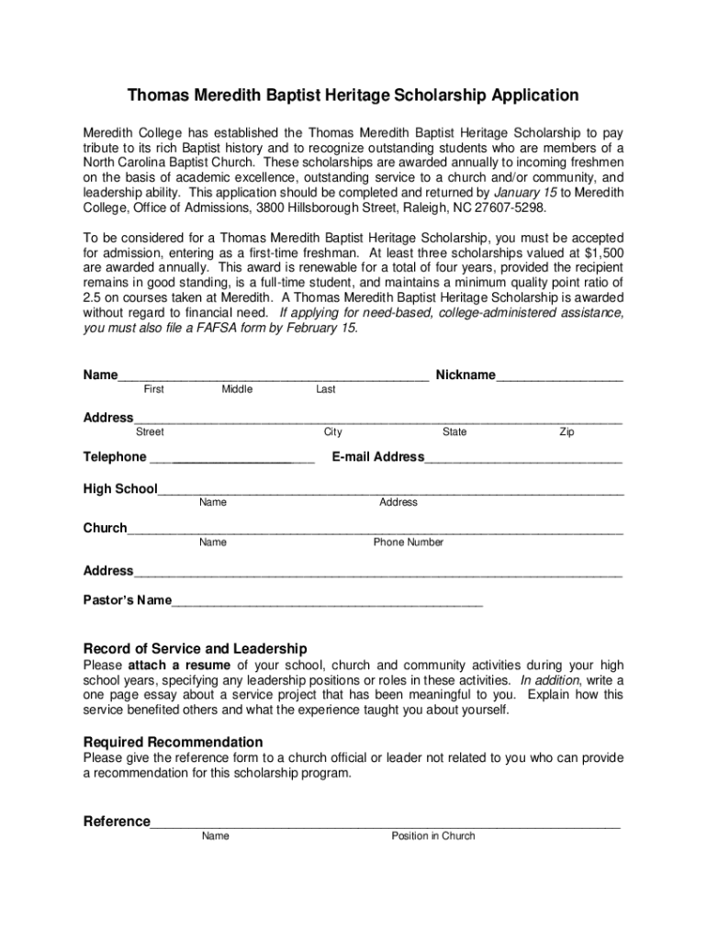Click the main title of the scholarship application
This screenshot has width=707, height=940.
click(353, 95)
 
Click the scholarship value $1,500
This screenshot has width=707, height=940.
click(602, 252)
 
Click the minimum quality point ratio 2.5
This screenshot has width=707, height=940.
click(94, 297)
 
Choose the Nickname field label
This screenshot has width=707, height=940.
click(465, 375)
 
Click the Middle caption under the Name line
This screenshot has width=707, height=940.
click(237, 390)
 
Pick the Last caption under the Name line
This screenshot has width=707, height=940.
click(325, 390)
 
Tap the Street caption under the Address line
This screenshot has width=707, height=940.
click(150, 432)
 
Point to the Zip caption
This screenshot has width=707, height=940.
click(567, 432)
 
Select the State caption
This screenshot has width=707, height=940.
click(454, 432)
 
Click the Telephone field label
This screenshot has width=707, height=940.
click(115, 457)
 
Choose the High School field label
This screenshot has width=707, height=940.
click(120, 489)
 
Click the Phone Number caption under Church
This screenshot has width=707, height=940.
click(408, 543)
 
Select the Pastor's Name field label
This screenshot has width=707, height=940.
click(127, 601)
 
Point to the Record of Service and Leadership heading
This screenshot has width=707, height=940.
click(195, 649)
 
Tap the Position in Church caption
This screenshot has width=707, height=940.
click(433, 836)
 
